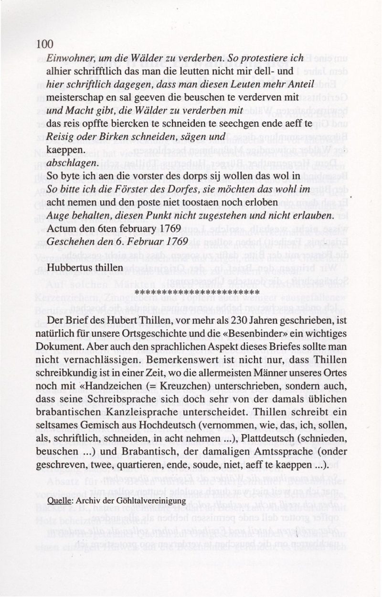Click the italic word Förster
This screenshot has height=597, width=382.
[121, 189]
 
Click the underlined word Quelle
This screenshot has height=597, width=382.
[59, 500]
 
